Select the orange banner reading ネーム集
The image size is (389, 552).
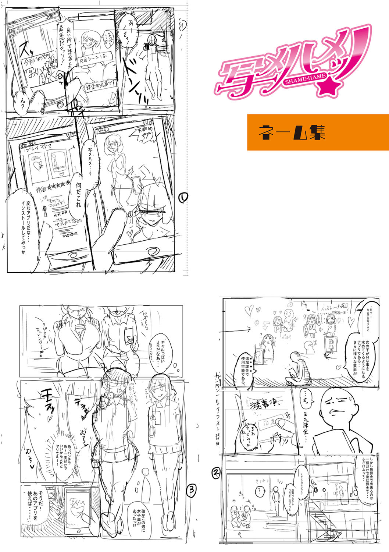tap(318, 132)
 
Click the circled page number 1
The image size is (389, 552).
tap(183, 198)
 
